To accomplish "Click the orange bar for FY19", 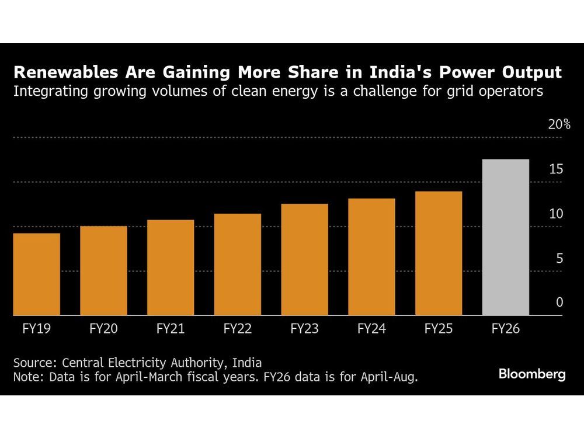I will point(36,274).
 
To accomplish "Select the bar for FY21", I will point(171,267).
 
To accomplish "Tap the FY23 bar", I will point(304,260).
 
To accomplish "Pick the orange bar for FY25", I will point(439,253).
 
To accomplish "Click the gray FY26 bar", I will point(506,237).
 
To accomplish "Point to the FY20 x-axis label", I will point(103,329).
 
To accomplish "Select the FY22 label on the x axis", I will point(238,329).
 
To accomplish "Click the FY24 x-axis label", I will point(371,329).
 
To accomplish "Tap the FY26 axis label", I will point(506,329).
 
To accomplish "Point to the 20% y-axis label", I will point(559,124).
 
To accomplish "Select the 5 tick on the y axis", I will point(559,258).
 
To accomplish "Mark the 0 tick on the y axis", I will point(559,302).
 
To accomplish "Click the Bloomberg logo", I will point(532,374).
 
